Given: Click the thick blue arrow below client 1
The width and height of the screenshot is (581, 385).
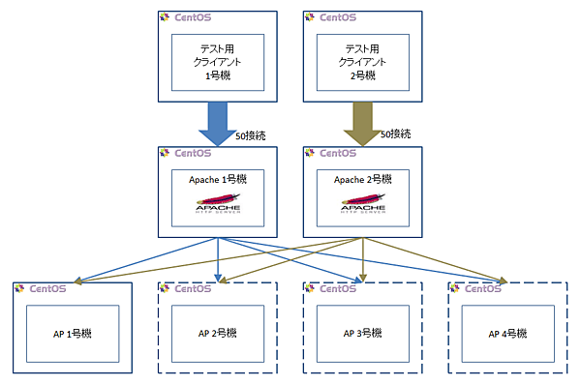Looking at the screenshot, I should tap(217, 123).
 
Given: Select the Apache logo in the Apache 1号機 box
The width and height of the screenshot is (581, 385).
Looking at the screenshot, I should tap(217, 206).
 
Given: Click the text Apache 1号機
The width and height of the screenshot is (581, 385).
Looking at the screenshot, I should tap(217, 180).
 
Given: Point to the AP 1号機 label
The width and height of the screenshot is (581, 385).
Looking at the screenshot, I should tap(73, 334).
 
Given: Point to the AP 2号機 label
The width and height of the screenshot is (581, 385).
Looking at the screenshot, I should tap(217, 334).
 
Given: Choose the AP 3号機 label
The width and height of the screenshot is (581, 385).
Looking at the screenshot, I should tap(362, 334).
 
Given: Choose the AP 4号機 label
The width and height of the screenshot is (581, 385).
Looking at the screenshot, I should tap(507, 334).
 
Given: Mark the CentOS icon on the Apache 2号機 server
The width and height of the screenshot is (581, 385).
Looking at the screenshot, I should tap(310, 153).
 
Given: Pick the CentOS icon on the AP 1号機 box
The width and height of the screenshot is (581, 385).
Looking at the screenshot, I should tap(19, 288).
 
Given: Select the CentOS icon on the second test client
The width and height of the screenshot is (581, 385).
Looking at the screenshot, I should tap(310, 17).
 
